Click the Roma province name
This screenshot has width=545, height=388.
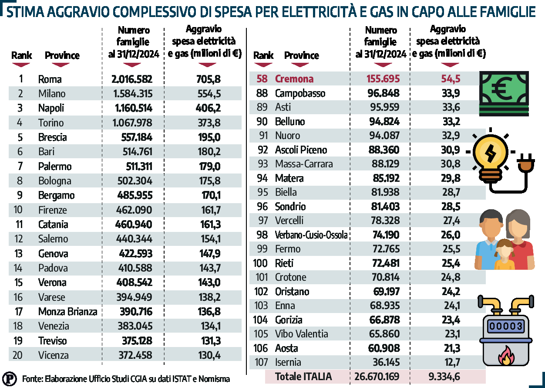point(50,79)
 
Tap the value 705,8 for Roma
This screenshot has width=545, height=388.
point(209,79)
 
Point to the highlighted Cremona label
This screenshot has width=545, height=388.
point(294,79)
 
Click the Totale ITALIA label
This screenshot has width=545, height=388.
point(303,376)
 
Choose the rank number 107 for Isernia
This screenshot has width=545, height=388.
point(261,362)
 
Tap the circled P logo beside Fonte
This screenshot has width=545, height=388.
point(10,378)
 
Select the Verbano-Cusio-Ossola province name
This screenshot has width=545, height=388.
point(311,235)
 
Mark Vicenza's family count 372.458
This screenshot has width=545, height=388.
point(135,355)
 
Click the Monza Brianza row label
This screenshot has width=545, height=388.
point(67,312)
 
